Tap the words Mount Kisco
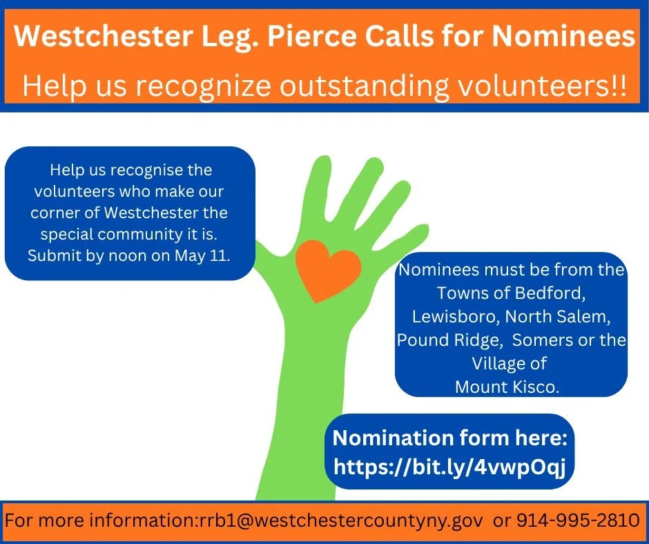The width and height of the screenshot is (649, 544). click(507, 387)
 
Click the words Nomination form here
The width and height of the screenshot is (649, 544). click(449, 438)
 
